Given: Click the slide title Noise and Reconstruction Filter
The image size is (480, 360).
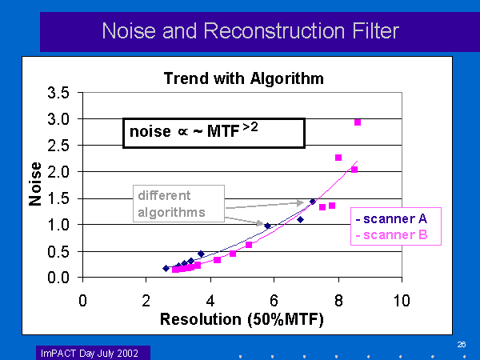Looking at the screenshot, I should [250, 31].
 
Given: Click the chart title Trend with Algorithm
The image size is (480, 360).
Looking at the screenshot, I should [243, 78].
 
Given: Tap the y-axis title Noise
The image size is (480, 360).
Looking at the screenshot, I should [35, 186].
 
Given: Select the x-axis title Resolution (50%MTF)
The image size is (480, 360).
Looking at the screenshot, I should [242, 319].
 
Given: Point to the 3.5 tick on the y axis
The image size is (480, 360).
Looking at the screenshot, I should [61, 93].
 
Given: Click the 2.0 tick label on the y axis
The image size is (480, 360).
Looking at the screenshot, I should [61, 172].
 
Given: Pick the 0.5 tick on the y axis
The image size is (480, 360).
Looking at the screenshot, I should [61, 251].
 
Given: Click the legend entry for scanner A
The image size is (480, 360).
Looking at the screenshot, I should [398, 218].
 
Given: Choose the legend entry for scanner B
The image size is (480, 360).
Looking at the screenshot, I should [398, 234].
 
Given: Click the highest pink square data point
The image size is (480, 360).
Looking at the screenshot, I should [358, 122].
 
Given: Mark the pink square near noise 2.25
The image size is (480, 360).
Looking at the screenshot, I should [338, 158].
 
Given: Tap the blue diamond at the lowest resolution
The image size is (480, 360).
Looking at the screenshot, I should [166, 268].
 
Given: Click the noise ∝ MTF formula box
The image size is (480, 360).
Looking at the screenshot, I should [213, 133].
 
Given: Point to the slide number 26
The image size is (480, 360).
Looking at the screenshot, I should [462, 344].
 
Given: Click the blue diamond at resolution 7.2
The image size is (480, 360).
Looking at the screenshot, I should [313, 202].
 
